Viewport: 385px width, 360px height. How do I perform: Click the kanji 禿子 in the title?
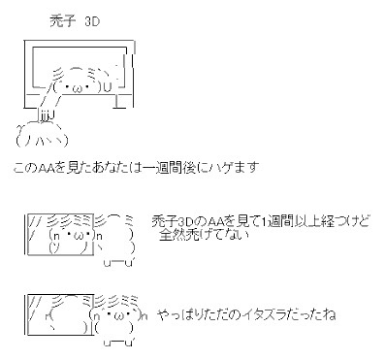tap(63, 21)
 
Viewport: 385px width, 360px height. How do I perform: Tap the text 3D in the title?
tap(92, 21)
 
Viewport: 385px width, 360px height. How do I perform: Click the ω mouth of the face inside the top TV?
tap(80, 88)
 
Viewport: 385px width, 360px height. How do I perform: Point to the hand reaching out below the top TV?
tap(46, 115)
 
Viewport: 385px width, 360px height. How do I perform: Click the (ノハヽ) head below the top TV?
tap(42, 140)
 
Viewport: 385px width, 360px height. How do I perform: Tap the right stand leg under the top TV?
tap(119, 102)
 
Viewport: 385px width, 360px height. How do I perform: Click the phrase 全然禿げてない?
tap(204, 235)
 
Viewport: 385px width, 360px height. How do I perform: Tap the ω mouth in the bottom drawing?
tap(118, 314)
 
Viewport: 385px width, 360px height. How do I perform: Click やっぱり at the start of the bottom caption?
tap(177, 314)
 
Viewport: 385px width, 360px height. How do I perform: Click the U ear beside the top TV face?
tap(108, 86)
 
